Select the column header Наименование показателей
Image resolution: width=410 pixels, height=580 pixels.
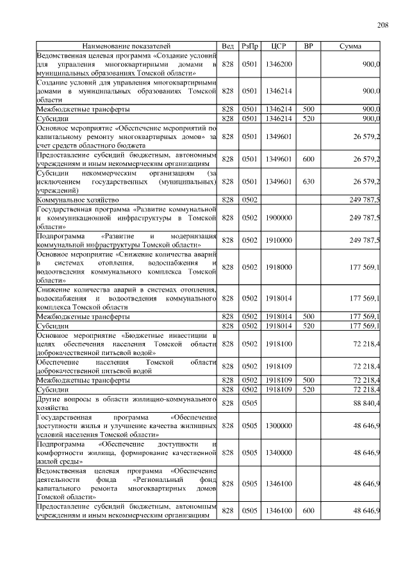pos(126,46)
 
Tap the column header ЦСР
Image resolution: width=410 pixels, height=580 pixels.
pos(278,46)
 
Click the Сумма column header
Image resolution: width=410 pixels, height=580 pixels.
pos(350,46)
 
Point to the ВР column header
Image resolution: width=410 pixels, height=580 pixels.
pos(308,46)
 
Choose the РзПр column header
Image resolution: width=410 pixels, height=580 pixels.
pos(249,46)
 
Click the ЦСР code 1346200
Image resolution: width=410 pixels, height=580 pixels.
pos(278,65)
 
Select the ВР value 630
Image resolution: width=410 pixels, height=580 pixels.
pos(308,181)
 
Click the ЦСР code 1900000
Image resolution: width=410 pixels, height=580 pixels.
pos(278,218)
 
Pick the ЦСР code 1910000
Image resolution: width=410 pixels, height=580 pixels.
pos(278,240)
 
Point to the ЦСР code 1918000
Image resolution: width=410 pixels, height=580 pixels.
pos(278,267)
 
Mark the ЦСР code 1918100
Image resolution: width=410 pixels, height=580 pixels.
pos(278,344)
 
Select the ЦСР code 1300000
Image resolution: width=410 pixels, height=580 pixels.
pos(278,425)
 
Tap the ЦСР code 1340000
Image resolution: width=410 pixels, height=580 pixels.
pos(278,452)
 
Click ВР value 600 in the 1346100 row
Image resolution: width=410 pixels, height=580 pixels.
pos(308,510)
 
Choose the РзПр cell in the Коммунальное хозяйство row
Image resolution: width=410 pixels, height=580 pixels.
pos(249,200)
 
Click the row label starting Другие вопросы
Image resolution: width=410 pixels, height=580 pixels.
pos(126,402)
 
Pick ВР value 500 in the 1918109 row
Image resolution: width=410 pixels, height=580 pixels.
pos(308,380)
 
